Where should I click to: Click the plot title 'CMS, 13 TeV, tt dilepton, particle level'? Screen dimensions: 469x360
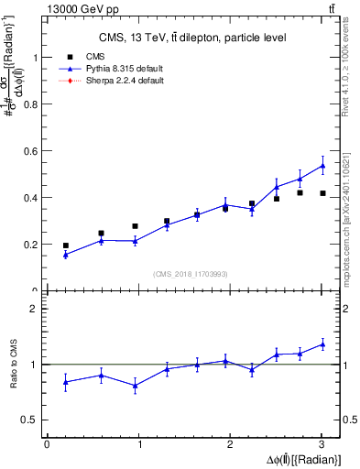pos(192,38)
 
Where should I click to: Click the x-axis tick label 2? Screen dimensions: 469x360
pos(231,444)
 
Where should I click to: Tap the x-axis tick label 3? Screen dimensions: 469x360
pos(322,444)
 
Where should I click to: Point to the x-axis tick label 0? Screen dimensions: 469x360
pos(47,444)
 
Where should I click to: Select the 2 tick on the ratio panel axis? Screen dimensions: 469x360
pos(35,309)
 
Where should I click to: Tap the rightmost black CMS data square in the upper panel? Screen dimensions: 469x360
pos(322,193)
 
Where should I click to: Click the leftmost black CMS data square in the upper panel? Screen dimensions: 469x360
pos(65,245)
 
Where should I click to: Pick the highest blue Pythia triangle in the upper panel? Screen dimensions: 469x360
pos(322,166)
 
